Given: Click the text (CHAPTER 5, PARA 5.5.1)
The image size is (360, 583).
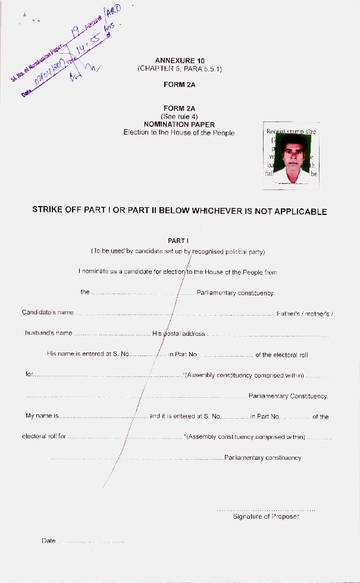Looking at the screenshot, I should (179, 69).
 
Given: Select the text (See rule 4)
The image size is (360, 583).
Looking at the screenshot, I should (179, 117).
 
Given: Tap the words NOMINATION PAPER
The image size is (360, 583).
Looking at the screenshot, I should (179, 124).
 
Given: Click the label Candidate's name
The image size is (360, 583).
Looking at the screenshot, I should (48, 313).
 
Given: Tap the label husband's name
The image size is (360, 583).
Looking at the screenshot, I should (48, 333).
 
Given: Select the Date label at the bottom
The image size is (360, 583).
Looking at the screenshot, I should (48, 541).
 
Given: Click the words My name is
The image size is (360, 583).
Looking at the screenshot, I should (41, 416).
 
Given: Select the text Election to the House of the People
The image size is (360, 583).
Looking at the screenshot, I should (179, 132).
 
